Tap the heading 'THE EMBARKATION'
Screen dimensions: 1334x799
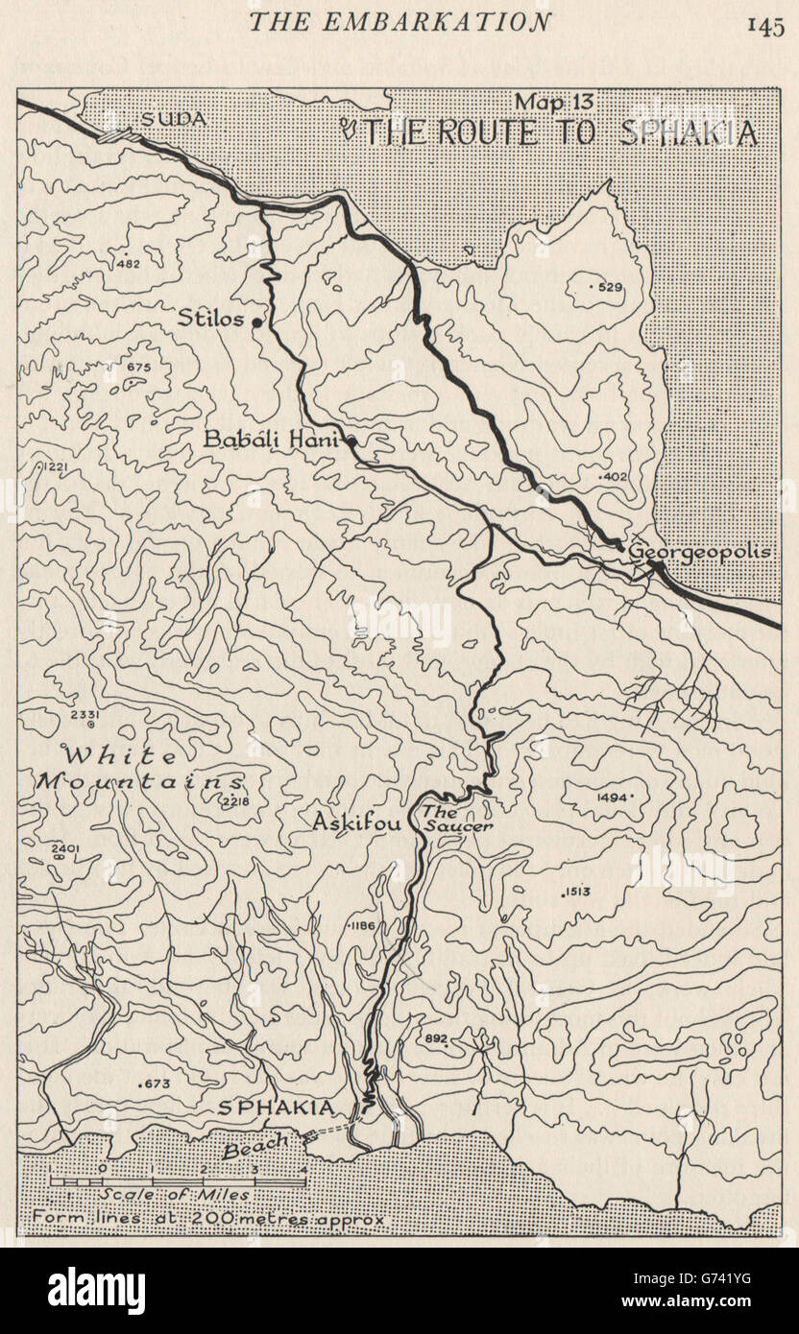coord(399,22)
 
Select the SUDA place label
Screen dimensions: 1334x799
coord(174,119)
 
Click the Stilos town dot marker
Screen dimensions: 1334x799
coord(257,323)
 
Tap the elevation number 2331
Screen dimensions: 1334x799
coord(85,714)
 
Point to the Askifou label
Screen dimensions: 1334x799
coord(355,822)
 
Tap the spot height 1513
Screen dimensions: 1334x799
coord(577,893)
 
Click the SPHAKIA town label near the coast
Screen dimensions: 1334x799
coord(277,1108)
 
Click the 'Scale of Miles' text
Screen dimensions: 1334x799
coord(174,1195)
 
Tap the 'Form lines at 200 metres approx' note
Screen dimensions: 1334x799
coord(207,1220)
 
